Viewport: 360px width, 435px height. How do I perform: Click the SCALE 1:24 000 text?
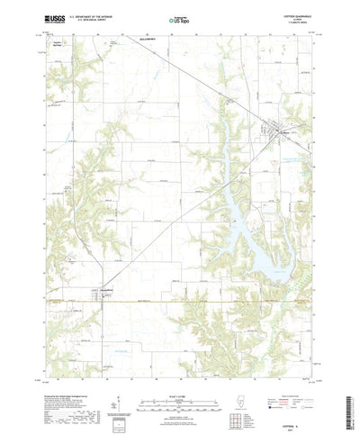(x=180, y=367)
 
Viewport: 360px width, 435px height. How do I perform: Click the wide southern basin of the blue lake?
(x=262, y=252)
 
